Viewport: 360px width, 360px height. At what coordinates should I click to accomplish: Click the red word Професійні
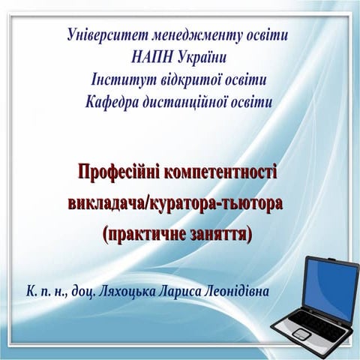click(120, 173)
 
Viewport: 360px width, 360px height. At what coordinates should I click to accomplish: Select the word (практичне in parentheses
click(139, 232)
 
